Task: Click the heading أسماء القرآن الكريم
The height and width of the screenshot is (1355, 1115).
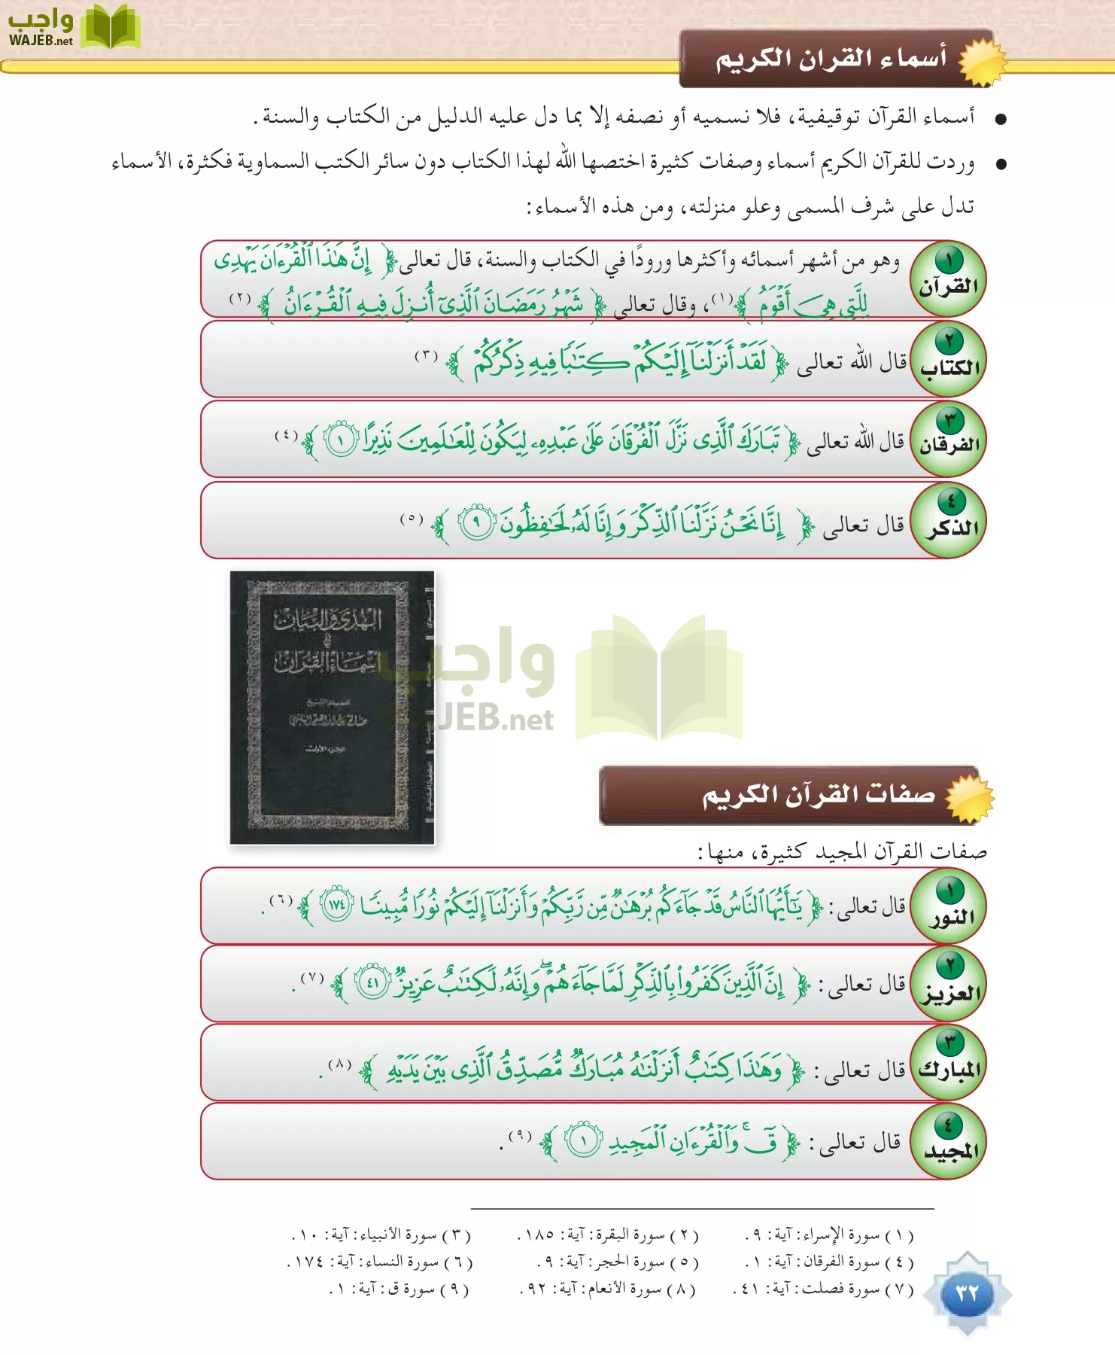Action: click(831, 59)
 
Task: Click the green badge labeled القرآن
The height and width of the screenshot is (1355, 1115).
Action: click(948, 279)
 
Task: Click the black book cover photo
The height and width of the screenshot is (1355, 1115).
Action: click(332, 707)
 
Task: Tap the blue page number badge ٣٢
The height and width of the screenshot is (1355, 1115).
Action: click(967, 1293)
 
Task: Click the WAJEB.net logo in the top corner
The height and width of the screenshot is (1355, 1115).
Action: click(72, 29)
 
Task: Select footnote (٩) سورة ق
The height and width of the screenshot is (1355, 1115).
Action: click(400, 1290)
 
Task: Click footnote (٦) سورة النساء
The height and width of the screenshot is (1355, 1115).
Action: click(380, 1262)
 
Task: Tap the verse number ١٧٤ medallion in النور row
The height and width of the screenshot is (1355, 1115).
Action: click(336, 905)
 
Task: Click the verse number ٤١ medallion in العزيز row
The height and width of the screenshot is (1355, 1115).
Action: click(372, 982)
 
